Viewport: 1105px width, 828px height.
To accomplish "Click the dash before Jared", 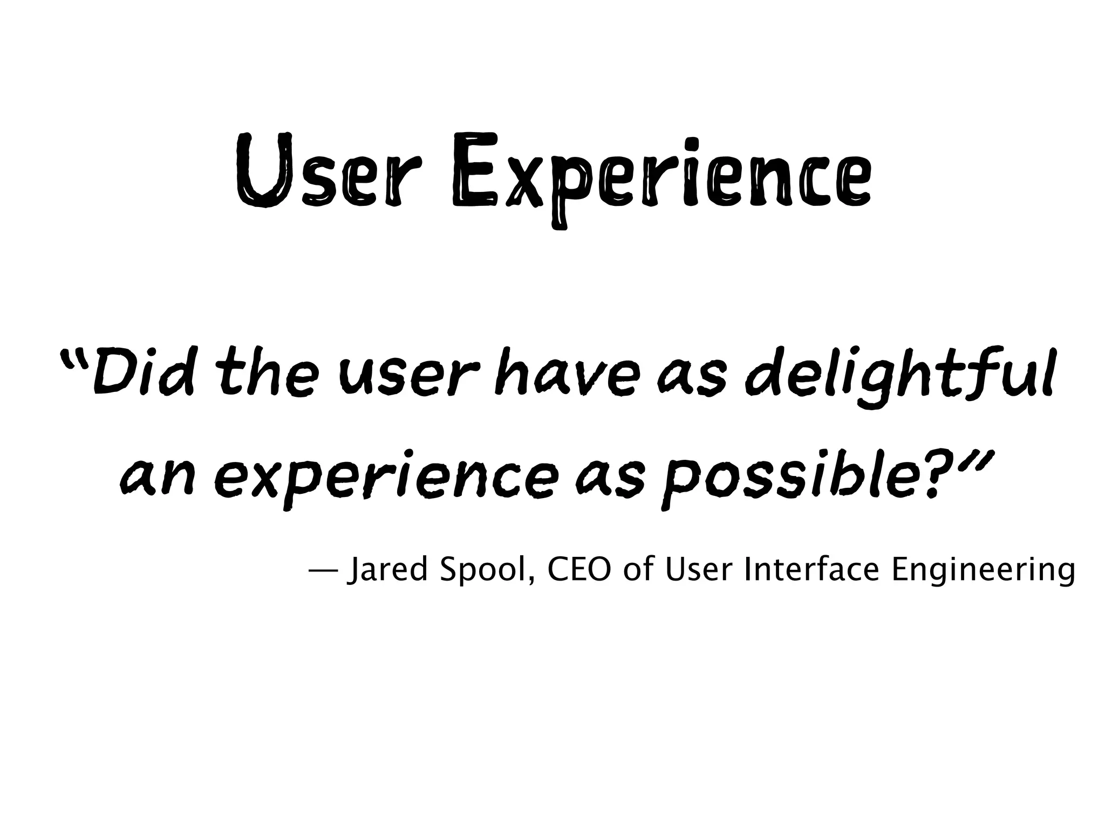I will [x=323, y=570].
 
